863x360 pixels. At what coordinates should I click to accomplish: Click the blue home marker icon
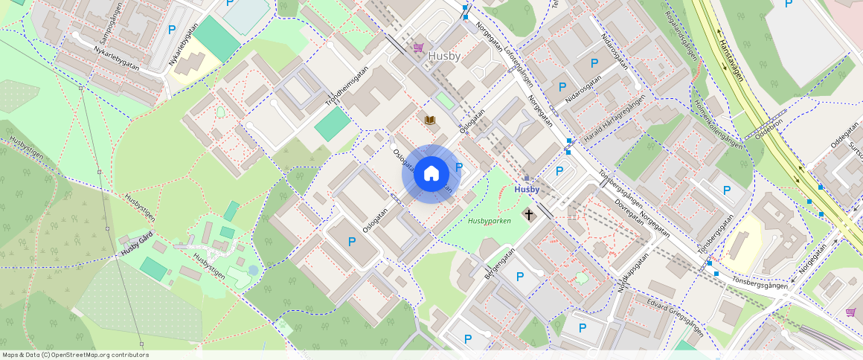431,174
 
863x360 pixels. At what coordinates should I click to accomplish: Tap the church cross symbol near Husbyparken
529,214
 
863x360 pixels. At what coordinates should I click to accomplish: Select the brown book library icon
430,120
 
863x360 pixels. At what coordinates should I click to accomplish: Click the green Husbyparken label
490,221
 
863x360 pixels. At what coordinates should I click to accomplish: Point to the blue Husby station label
527,190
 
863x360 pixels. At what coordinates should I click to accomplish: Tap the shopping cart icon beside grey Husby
418,47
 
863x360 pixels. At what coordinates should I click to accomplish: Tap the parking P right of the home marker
459,167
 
